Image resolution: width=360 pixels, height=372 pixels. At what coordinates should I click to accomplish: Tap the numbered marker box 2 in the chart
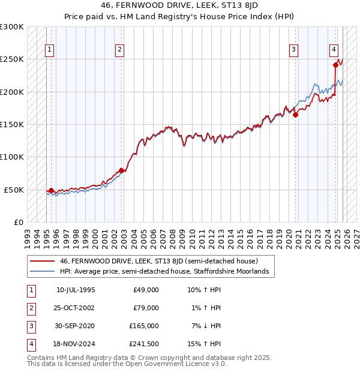[x=120, y=50]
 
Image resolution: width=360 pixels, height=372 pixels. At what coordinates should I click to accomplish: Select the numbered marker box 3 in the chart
[x=293, y=50]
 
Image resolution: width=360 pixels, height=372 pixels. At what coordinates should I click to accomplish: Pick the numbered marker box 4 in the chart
[x=334, y=50]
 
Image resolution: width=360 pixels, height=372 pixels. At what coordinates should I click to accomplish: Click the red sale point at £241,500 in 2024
[x=335, y=65]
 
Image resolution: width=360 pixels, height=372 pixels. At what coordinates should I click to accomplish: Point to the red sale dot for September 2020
[x=295, y=115]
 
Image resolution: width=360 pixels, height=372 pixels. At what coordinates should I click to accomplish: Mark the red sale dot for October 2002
[x=122, y=170]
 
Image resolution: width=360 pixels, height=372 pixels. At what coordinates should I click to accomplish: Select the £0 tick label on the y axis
[x=17, y=222]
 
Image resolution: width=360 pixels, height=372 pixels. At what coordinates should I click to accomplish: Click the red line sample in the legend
[x=43, y=261]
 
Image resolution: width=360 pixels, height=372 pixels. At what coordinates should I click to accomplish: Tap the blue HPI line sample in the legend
[x=43, y=272]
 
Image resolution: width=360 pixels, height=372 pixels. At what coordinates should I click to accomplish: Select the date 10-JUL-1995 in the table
[x=76, y=290]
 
